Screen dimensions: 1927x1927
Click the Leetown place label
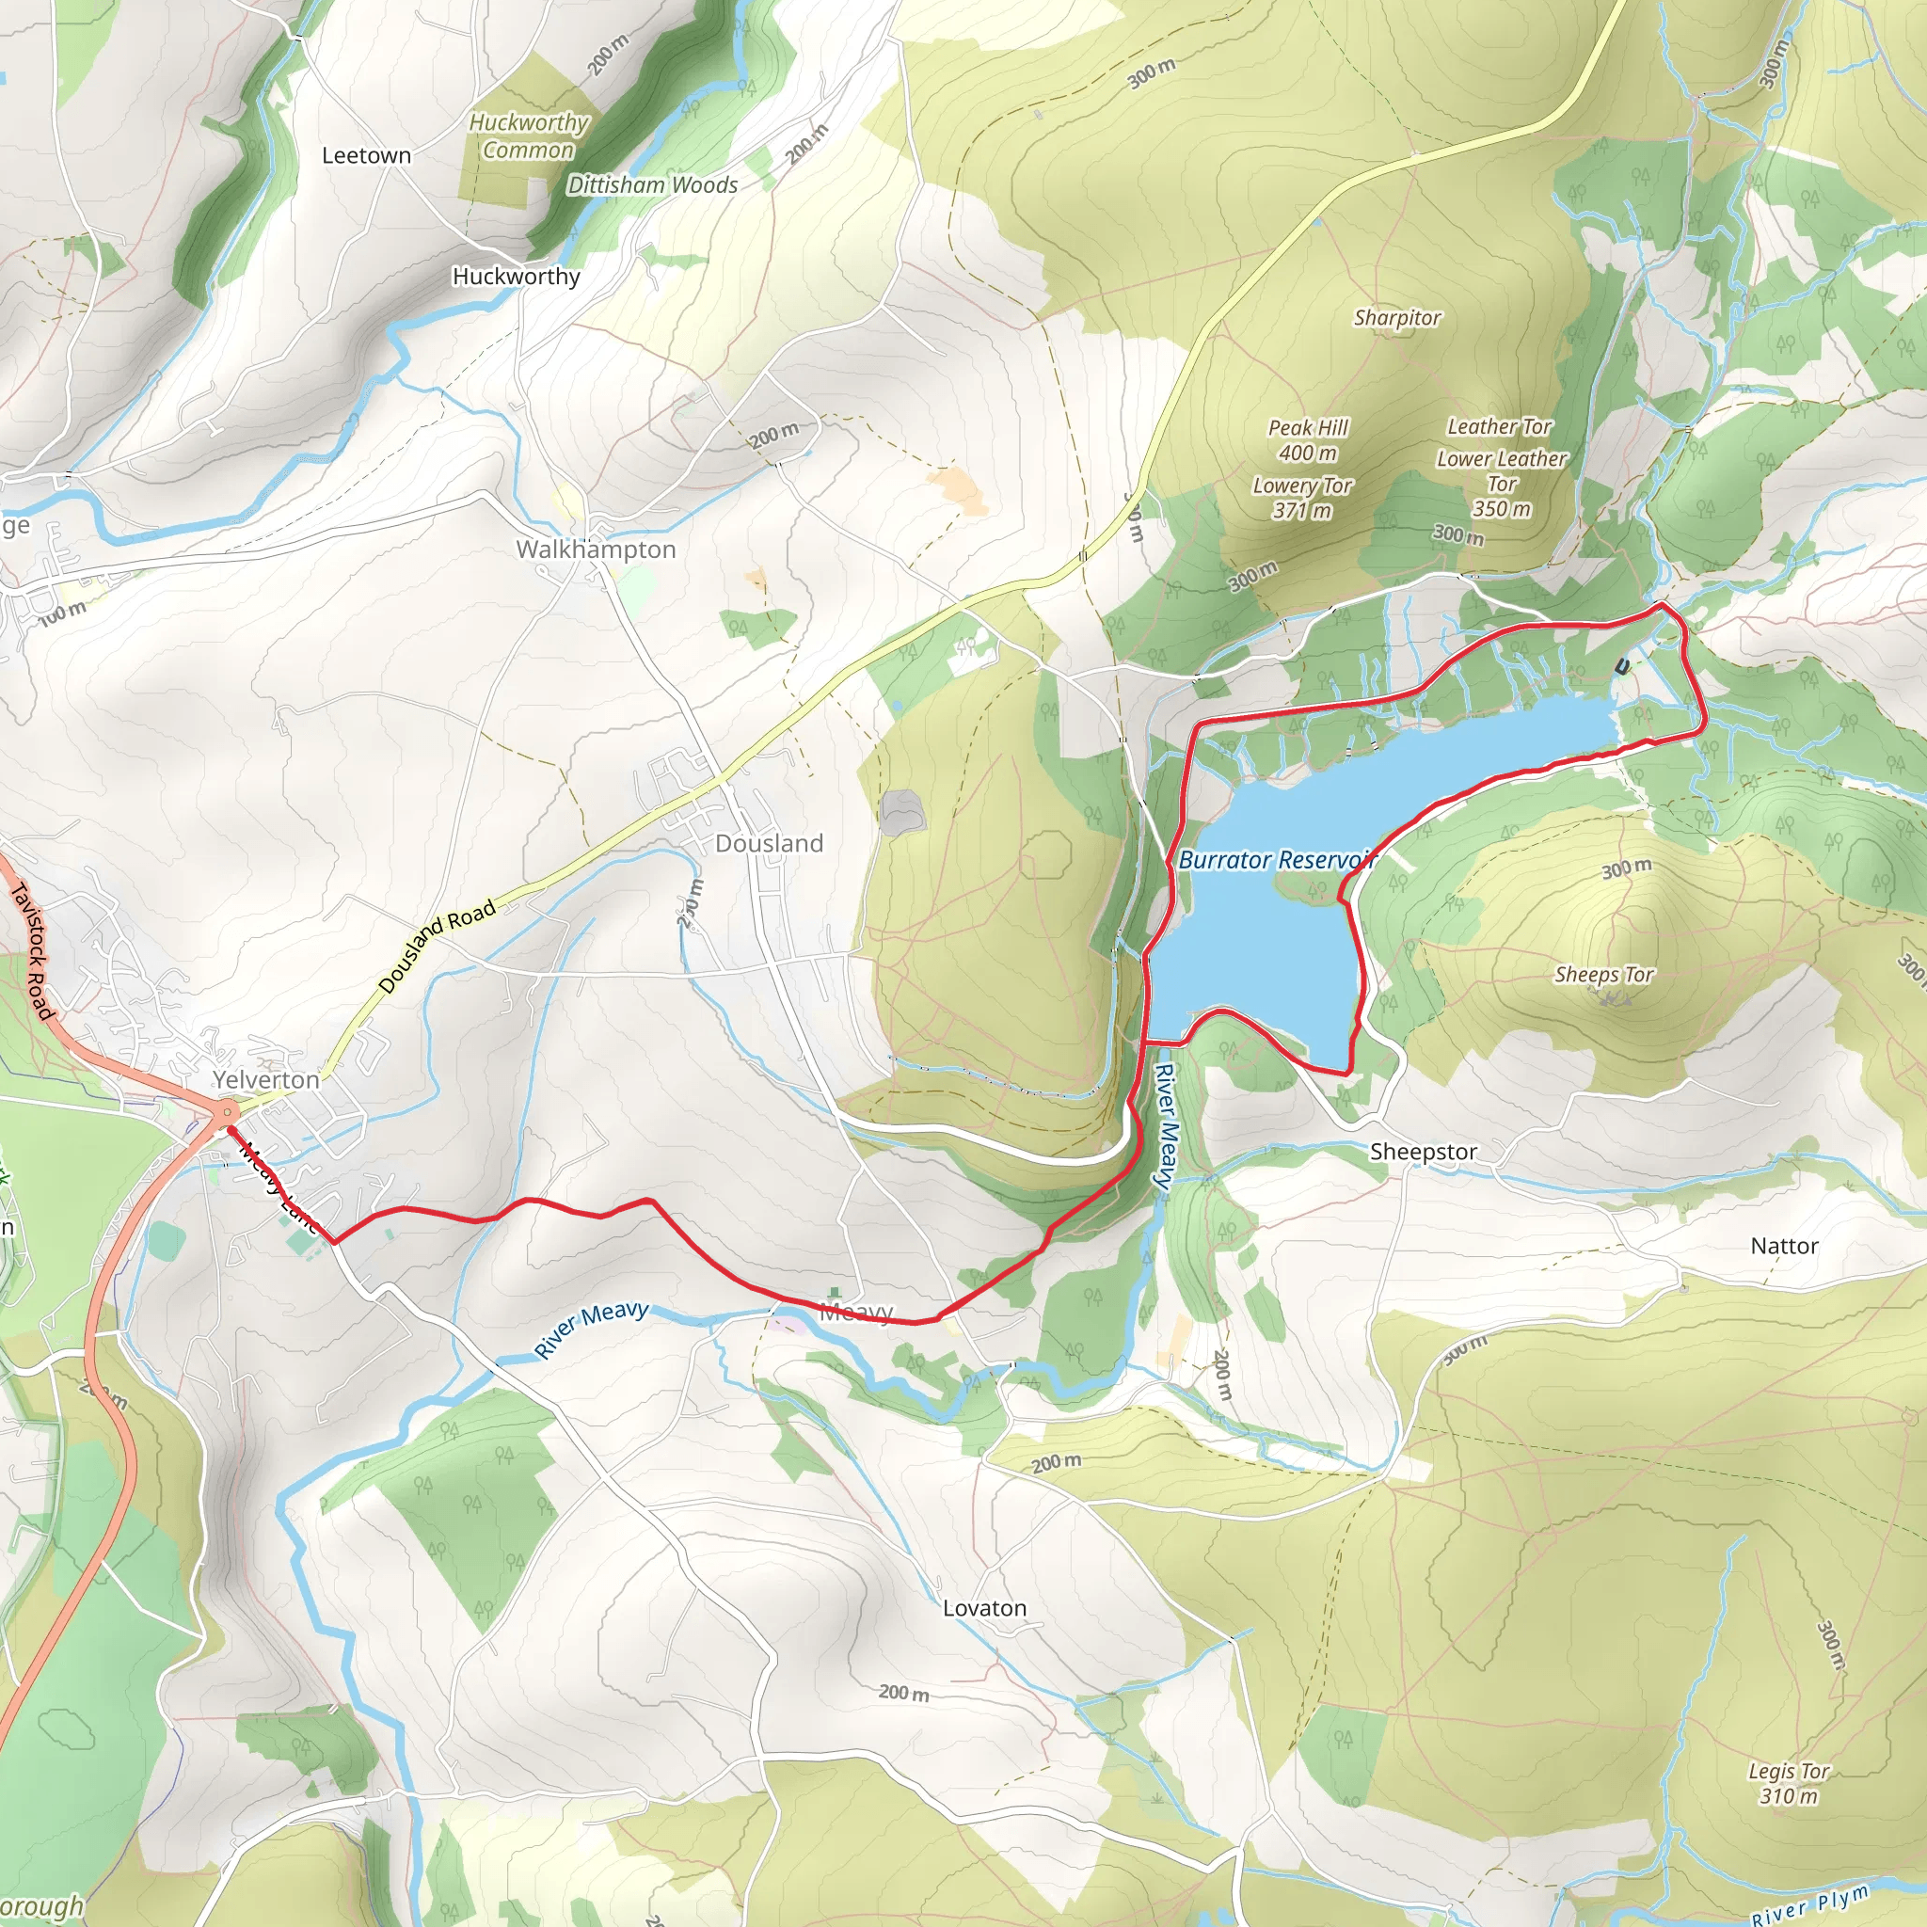click(366, 155)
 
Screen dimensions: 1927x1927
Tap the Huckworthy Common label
click(529, 136)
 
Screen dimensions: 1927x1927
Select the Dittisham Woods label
click(652, 185)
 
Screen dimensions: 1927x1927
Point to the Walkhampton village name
click(596, 549)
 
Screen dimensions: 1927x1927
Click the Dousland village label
click(769, 844)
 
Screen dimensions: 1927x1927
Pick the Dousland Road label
click(437, 947)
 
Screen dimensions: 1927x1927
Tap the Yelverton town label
click(266, 1080)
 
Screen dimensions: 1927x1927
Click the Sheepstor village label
click(1424, 1152)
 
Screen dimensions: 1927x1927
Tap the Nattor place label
click(1784, 1246)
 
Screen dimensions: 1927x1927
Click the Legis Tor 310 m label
click(1789, 1784)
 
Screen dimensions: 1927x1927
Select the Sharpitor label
click(1396, 318)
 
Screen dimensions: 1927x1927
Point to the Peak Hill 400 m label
click(1308, 439)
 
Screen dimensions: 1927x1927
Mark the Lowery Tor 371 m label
click(1301, 498)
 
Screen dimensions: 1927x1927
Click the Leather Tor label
click(1499, 427)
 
